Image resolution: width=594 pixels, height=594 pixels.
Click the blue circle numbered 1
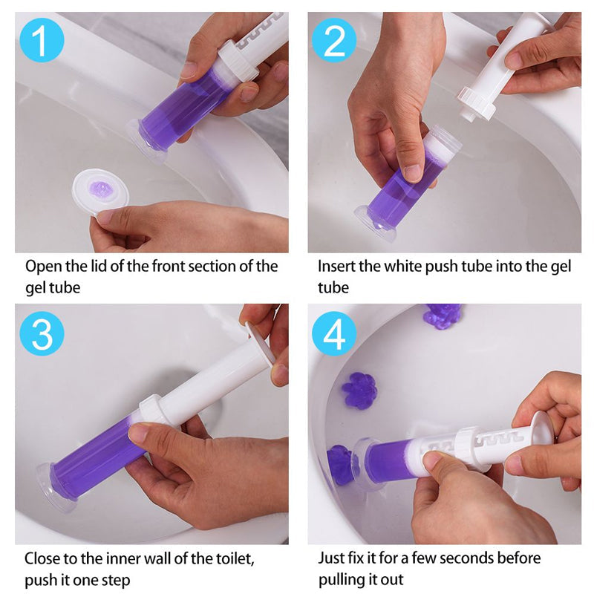pyautogui.click(x=42, y=40)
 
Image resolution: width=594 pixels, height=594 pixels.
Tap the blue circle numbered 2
pyautogui.click(x=334, y=40)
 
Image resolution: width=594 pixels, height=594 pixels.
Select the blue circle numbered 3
pyautogui.click(x=42, y=333)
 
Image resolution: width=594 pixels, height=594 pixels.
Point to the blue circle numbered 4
pyautogui.click(x=334, y=333)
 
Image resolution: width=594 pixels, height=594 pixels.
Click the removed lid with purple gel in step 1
pyautogui.click(x=101, y=192)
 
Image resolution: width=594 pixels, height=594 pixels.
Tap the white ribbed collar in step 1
pyautogui.click(x=238, y=61)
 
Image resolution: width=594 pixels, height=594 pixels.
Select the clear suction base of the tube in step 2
pyautogui.click(x=375, y=225)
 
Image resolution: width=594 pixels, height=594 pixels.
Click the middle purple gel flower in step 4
pyautogui.click(x=359, y=391)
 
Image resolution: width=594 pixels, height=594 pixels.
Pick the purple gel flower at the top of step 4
pyautogui.click(x=443, y=313)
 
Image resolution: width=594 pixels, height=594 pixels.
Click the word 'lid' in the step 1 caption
pyautogui.click(x=99, y=266)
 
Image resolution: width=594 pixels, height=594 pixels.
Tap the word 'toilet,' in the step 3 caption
pyautogui.click(x=235, y=559)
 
